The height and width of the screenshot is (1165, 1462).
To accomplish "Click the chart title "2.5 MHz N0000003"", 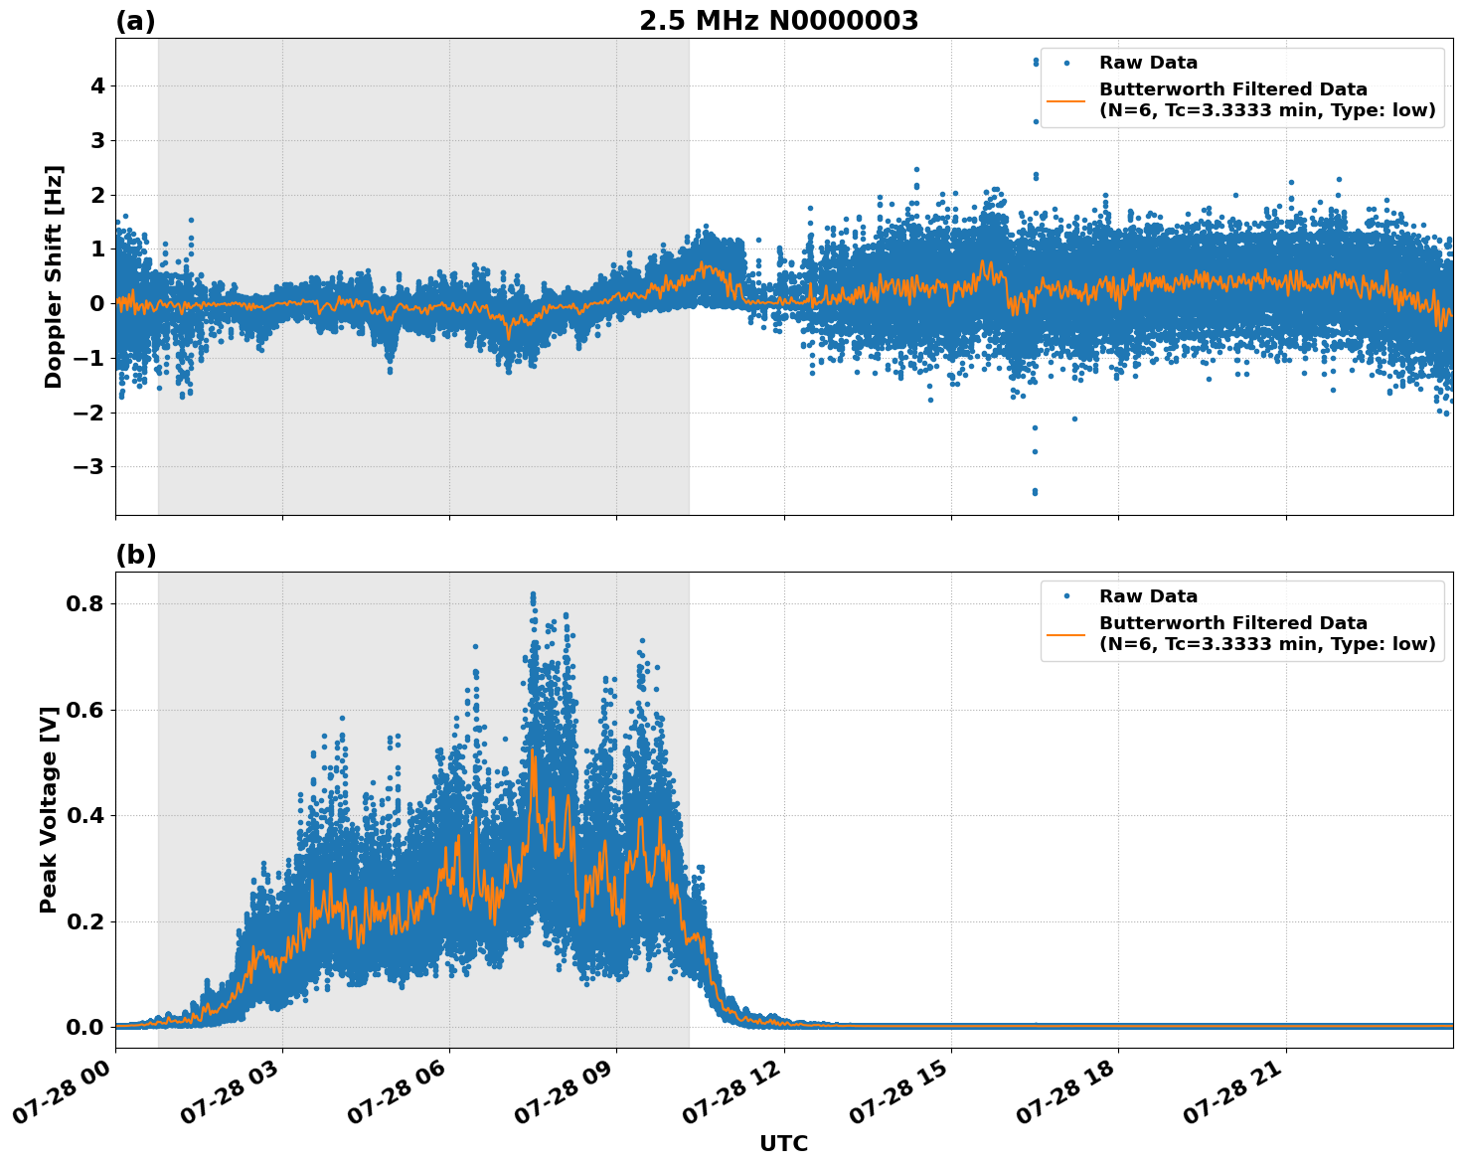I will tap(778, 21).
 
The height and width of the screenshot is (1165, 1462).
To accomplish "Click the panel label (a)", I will tap(135, 21).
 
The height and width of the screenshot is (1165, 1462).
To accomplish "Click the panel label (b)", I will tap(135, 555).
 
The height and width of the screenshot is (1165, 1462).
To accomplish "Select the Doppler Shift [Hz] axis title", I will tap(54, 276).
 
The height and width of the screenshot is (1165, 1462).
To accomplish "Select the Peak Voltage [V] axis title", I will tap(49, 809).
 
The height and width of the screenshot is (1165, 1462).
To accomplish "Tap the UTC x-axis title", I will tap(783, 1143).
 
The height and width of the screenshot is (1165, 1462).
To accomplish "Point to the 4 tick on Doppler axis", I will tap(97, 86).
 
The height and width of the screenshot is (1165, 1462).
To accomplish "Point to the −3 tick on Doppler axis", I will tap(91, 467).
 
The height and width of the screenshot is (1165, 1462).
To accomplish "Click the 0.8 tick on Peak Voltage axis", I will tap(87, 603).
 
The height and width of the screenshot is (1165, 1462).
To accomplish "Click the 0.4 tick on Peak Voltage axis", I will tap(87, 815).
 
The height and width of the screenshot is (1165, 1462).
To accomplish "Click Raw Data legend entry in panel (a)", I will tap(1148, 63).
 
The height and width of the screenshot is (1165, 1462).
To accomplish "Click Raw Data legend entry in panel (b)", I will tap(1148, 596).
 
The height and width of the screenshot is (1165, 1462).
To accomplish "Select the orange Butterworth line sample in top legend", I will tap(1065, 100).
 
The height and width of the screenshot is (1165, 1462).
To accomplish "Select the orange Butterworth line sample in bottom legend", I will tap(1065, 634).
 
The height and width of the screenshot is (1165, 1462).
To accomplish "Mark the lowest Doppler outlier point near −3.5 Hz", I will tap(1035, 492).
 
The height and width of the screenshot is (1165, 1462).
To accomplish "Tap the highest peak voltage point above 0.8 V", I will tap(533, 594).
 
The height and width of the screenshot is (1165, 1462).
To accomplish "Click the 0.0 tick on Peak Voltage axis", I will tap(87, 1027).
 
